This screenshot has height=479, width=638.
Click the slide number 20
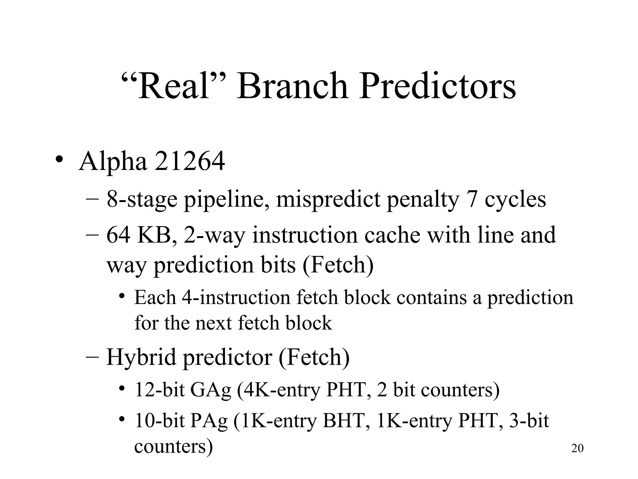tap(577, 448)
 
